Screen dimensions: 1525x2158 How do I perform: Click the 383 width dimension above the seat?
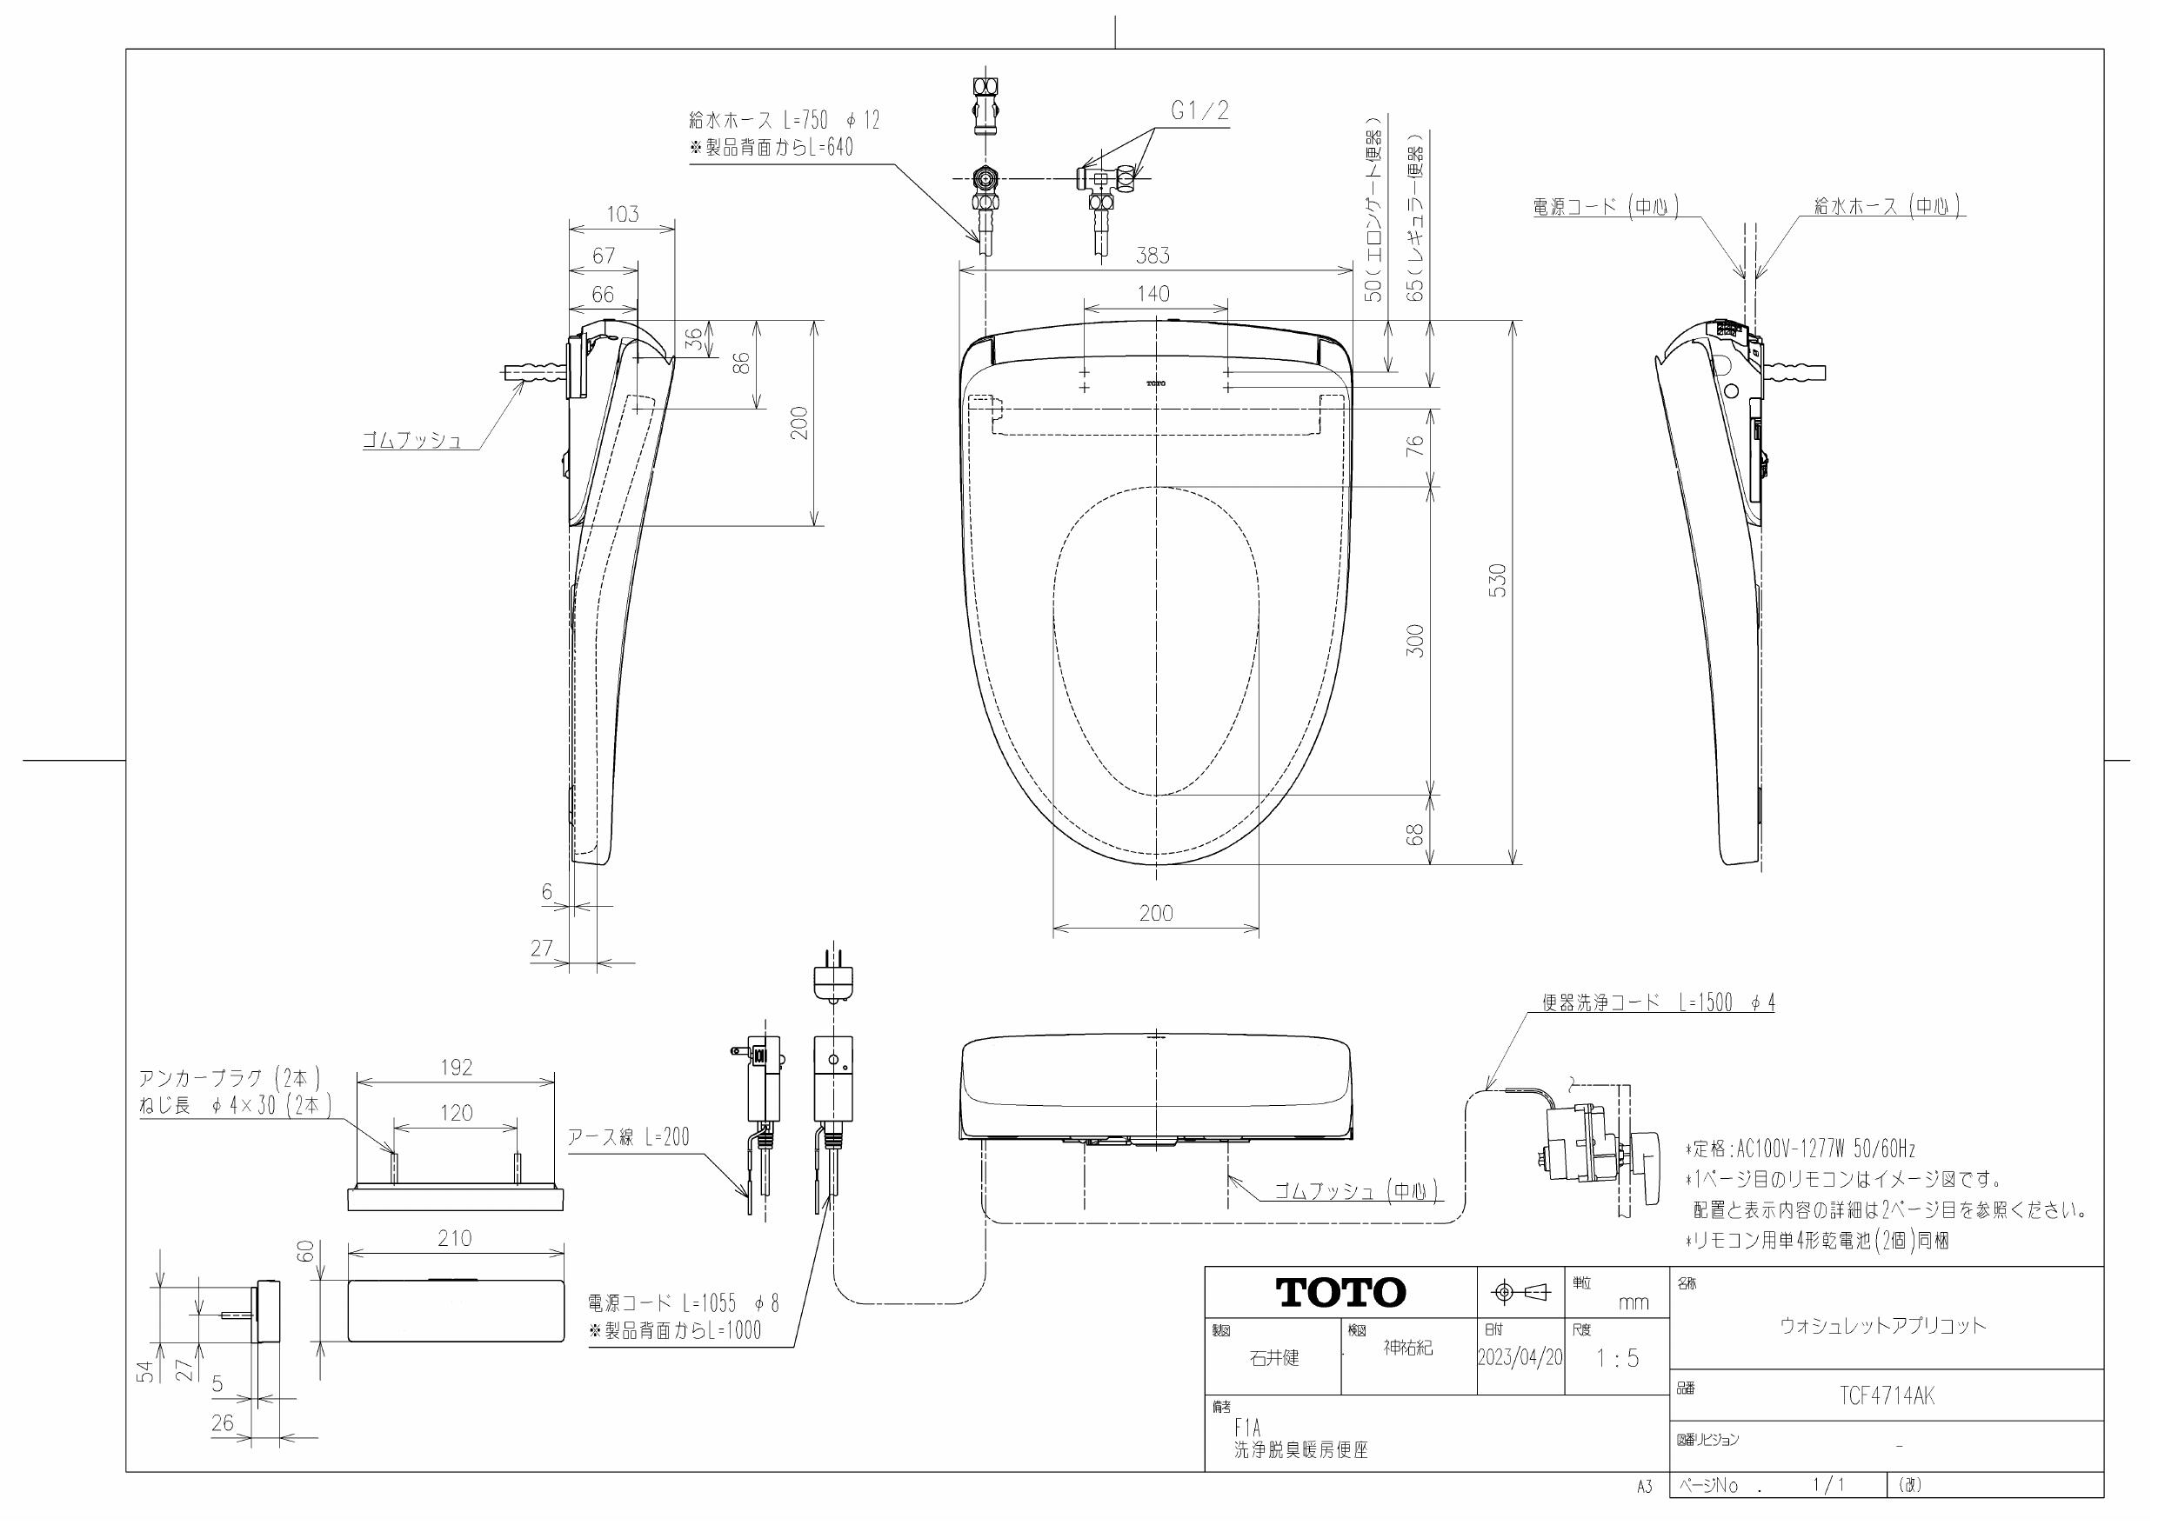1152,256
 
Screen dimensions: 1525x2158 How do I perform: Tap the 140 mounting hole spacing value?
1153,293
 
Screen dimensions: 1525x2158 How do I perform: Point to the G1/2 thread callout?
1199,111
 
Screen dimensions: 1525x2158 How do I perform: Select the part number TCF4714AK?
1887,1396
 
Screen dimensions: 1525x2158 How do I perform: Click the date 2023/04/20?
1520,1358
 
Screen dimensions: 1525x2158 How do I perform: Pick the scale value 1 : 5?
1617,1358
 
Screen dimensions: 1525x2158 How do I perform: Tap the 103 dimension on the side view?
622,214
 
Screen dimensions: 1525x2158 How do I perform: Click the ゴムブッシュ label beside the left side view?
412,440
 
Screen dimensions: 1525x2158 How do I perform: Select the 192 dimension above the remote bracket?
456,1068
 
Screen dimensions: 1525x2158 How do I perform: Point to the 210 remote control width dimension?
454,1238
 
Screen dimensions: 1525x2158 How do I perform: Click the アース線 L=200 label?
628,1137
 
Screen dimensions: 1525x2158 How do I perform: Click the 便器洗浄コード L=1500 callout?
1658,1002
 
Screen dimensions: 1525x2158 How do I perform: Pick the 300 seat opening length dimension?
1415,641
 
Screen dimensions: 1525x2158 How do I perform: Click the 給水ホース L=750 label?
784,120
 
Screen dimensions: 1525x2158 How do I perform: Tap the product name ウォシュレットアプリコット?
1883,1326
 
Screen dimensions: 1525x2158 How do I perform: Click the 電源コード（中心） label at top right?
1606,207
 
